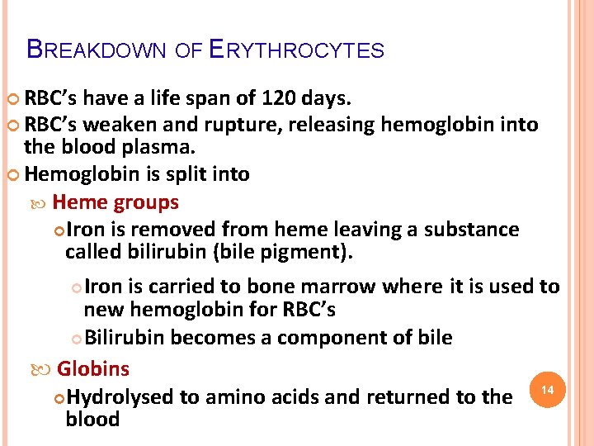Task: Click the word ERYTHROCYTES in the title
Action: [x=297, y=50]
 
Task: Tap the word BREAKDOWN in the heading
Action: [x=97, y=50]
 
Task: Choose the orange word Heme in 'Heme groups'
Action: [x=80, y=202]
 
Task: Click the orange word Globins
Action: [x=93, y=368]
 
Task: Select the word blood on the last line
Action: [x=92, y=420]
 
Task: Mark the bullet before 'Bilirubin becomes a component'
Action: [x=76, y=339]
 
